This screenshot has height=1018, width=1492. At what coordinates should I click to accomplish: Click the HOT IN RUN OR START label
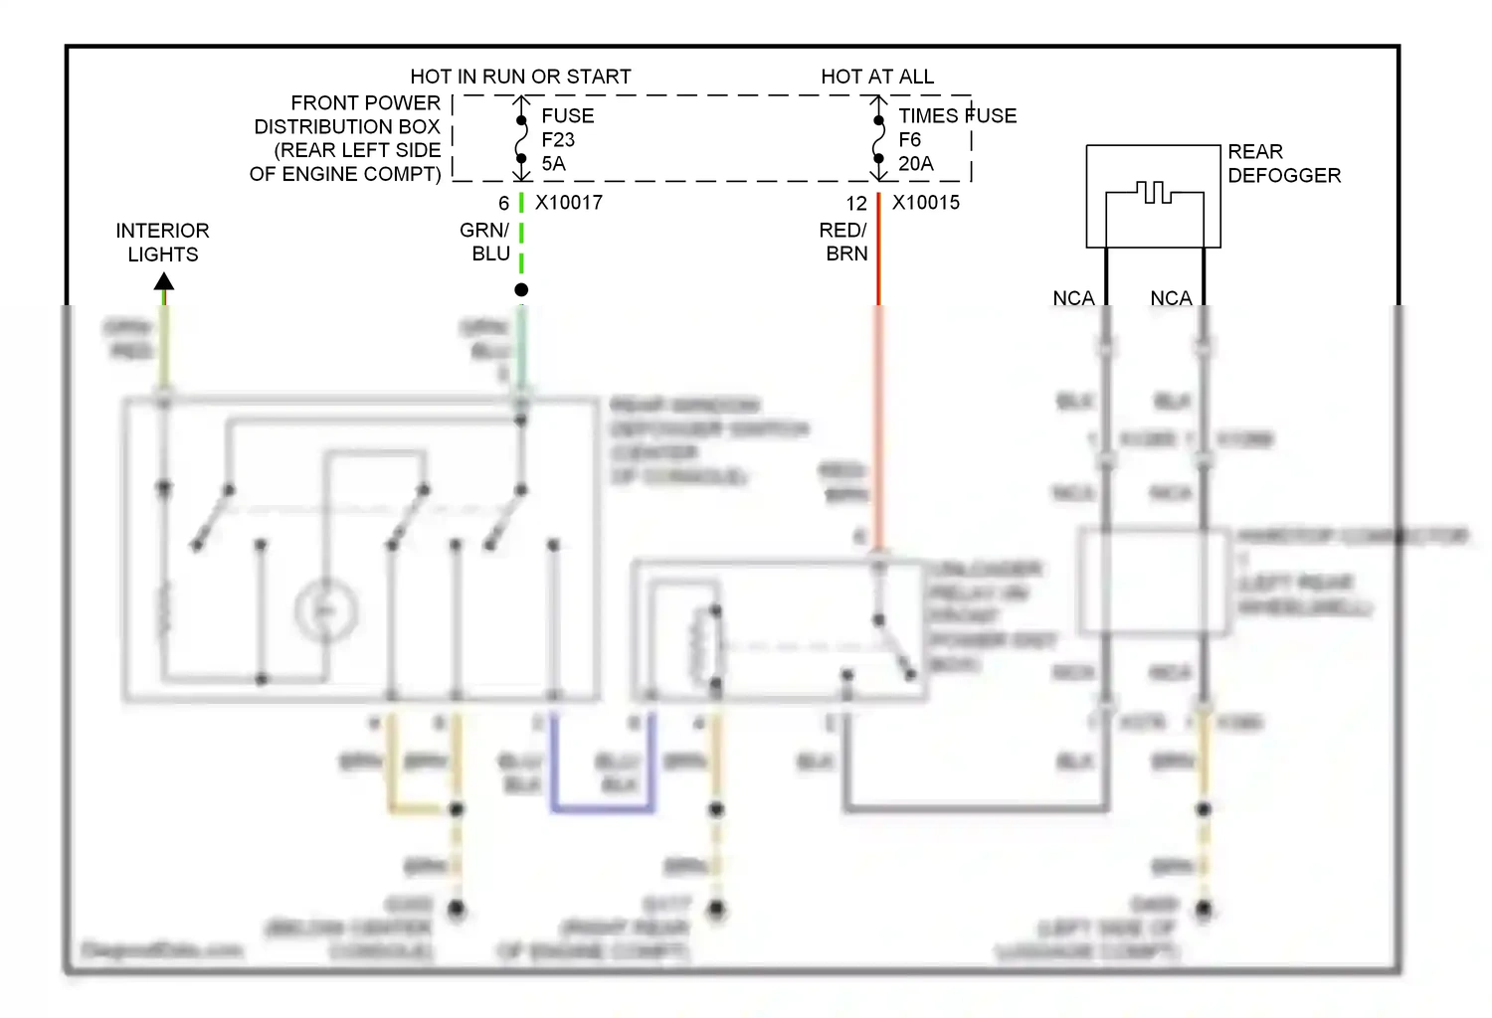[x=520, y=77]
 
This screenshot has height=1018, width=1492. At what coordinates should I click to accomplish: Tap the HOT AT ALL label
[x=876, y=77]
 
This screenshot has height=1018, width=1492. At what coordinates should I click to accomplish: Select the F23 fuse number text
[x=557, y=140]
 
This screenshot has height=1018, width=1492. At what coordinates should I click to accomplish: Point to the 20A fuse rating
[x=915, y=164]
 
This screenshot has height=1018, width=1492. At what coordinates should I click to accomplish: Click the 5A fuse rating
[x=553, y=164]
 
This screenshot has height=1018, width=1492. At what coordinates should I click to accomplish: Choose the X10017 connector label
[x=569, y=203]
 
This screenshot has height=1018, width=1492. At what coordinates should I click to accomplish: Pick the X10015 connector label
[x=926, y=203]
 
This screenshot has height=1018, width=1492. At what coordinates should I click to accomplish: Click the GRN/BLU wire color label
[x=485, y=242]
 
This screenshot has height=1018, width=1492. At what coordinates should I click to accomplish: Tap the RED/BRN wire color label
[x=843, y=242]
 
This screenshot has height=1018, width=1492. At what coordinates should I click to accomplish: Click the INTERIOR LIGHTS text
[x=162, y=242]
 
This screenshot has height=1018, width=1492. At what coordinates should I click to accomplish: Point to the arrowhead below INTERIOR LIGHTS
[x=164, y=282]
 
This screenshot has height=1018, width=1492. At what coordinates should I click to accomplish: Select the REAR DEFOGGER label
[x=1283, y=163]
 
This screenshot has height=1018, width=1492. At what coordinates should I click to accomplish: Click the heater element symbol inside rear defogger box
[x=1153, y=192]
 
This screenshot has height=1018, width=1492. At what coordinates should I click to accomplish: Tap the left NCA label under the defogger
[x=1073, y=298]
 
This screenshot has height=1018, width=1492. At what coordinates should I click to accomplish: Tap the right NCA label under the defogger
[x=1171, y=298]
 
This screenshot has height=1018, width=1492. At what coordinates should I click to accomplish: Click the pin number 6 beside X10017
[x=504, y=203]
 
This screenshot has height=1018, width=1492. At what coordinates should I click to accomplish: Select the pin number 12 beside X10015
[x=856, y=203]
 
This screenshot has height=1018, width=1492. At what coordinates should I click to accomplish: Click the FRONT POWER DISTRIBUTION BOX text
[x=346, y=138]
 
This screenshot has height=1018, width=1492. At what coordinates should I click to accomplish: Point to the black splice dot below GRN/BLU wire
[x=521, y=289]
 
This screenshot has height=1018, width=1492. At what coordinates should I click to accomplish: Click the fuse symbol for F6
[x=878, y=139]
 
